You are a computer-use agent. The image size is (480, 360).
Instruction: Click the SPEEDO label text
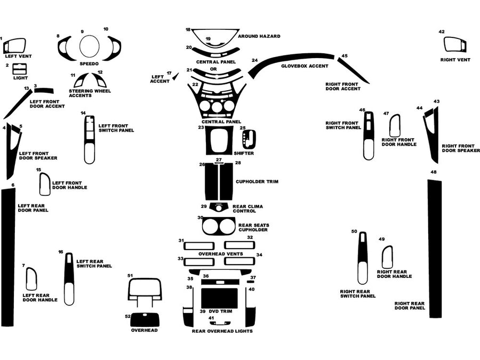click(x=89, y=63)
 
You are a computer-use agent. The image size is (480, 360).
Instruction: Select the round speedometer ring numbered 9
click(x=89, y=46)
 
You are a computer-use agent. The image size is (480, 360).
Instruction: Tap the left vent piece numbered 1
click(x=15, y=45)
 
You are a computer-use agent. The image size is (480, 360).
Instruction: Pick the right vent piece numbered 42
click(x=454, y=44)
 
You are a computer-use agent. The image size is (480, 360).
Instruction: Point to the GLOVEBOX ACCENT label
click(x=305, y=66)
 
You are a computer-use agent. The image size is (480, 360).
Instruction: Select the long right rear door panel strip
click(x=434, y=248)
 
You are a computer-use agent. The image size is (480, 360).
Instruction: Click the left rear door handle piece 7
click(x=31, y=279)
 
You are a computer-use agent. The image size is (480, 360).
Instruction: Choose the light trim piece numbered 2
click(x=20, y=68)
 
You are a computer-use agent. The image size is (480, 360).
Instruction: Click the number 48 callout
click(x=434, y=172)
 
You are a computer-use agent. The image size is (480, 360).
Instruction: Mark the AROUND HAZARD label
click(x=259, y=36)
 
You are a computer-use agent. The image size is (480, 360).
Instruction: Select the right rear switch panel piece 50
click(x=363, y=258)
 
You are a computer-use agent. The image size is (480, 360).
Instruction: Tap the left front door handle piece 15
click(x=45, y=184)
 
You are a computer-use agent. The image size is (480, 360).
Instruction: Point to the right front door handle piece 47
click(x=395, y=126)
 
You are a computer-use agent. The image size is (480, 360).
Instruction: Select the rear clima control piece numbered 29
click(x=218, y=207)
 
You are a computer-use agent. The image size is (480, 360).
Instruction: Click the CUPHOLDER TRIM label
click(x=257, y=182)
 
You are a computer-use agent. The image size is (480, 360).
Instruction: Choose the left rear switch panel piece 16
click(x=69, y=278)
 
